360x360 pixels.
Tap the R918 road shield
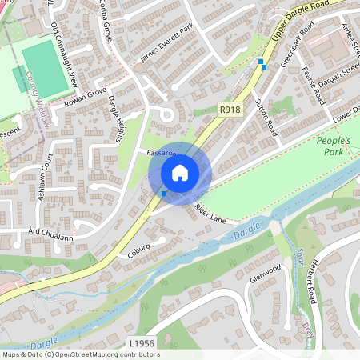tap(230, 110)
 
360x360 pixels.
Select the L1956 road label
tap(141, 343)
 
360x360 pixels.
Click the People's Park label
tap(337, 146)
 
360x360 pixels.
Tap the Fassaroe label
tap(161, 152)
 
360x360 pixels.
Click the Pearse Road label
tap(314, 89)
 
